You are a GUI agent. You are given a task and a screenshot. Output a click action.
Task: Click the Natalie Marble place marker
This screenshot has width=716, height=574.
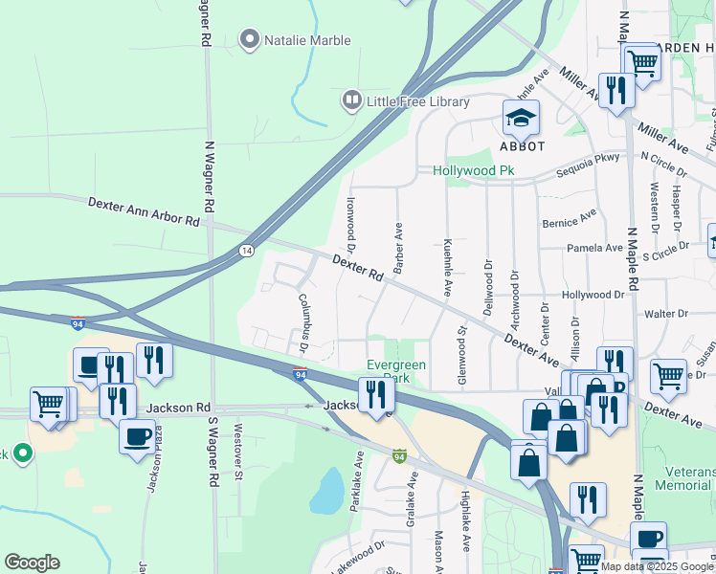(250, 40)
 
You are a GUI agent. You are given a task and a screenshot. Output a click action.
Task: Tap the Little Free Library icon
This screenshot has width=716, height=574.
(352, 100)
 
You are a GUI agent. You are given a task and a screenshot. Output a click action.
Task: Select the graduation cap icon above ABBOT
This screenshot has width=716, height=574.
(522, 118)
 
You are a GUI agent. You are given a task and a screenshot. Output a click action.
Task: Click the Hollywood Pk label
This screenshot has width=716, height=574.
(474, 170)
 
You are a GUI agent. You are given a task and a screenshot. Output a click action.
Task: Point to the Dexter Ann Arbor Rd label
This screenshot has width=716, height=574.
(144, 212)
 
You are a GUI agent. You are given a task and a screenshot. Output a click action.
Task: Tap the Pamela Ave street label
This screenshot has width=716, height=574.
(594, 248)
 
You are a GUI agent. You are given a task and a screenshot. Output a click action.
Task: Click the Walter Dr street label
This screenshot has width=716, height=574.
(666, 314)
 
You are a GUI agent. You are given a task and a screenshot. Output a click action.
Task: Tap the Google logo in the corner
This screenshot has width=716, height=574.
(32, 563)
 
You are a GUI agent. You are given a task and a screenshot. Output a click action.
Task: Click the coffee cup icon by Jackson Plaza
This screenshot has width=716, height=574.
(135, 435)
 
